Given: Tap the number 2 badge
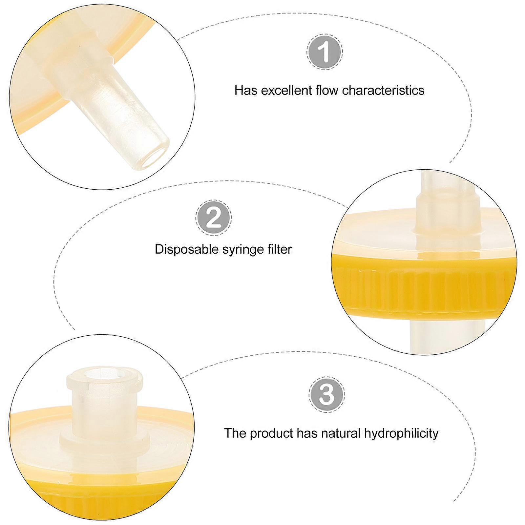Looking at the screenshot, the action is (214, 218).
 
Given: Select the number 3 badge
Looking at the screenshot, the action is (327, 394).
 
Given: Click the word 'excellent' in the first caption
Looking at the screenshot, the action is (286, 90).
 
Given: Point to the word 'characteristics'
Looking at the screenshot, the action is (383, 90).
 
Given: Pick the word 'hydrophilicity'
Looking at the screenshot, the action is (401, 434).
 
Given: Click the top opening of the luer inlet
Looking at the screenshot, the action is (104, 374).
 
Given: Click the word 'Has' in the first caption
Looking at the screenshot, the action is (246, 90).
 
